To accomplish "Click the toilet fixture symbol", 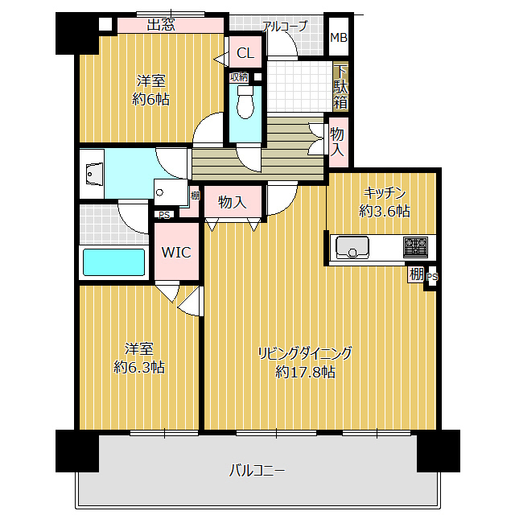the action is tap(245, 101).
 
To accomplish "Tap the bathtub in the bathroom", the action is tap(113, 262).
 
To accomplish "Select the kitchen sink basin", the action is tap(352, 247).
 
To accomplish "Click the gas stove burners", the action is tap(415, 247).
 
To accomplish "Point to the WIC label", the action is tap(176, 252).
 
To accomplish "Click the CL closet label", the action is tap(245, 53).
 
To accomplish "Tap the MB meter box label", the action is tap(339, 38).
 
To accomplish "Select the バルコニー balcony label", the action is tap(257, 471).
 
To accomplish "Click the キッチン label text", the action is tap(385, 193).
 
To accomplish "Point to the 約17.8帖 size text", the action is tap(305, 372).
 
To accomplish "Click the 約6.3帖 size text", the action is tap(139, 367).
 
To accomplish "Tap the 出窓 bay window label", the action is tap(161, 25).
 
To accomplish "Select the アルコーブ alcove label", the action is tap(285, 27).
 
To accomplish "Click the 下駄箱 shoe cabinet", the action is tap(341, 88).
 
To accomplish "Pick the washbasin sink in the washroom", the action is tap(92, 174).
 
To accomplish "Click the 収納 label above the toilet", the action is tap(239, 77).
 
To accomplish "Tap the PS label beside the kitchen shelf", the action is tap(432, 277).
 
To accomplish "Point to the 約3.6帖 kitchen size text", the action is tap(385, 211).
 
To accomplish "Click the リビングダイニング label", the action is tap(305, 353).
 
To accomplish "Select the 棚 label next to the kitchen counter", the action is tap(416, 274).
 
